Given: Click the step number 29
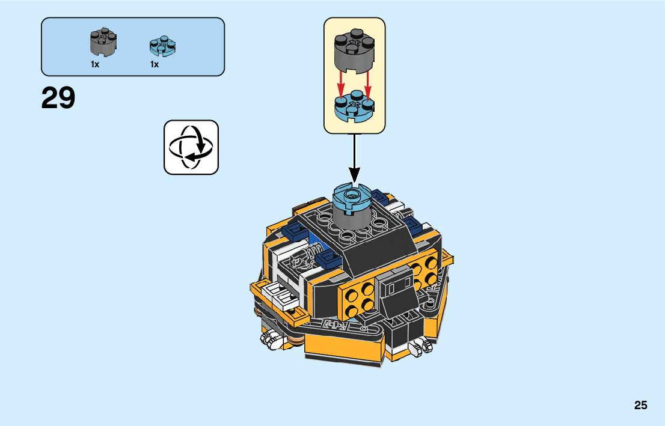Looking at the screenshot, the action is [58, 99].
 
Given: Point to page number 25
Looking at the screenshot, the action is [640, 406].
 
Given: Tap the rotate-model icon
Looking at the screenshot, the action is [191, 147].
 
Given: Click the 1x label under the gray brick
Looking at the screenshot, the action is [95, 64].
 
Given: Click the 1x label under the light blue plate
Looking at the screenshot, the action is [155, 64].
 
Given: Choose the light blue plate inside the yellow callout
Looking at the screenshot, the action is [355, 106].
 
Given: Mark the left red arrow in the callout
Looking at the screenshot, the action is [340, 84].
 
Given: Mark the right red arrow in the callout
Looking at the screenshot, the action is [369, 84].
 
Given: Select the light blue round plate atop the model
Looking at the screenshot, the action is [354, 198].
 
